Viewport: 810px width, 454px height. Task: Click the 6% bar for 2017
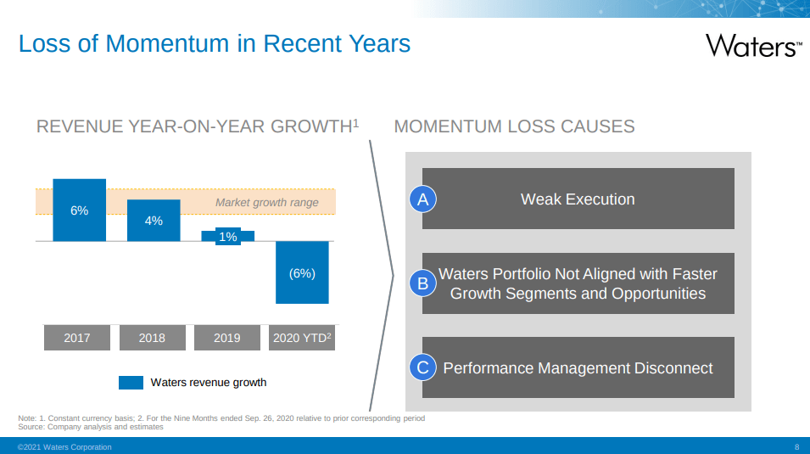click(80, 210)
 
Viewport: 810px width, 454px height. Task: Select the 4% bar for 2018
click(154, 221)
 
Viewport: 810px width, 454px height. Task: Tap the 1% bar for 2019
click(228, 236)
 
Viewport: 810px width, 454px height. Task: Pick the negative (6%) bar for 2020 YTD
click(302, 272)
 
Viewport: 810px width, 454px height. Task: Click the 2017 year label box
click(77, 338)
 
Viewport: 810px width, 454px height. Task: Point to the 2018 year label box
click(153, 338)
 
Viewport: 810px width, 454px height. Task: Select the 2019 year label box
click(227, 338)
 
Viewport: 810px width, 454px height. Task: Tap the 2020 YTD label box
click(302, 338)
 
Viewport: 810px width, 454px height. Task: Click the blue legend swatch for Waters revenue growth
click(131, 383)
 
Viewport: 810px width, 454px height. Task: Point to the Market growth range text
click(266, 203)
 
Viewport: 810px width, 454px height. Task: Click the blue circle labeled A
click(423, 199)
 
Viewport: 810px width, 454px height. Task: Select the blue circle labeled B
click(423, 283)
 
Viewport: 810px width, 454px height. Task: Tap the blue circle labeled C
click(423, 367)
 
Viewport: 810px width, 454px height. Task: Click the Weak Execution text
click(578, 199)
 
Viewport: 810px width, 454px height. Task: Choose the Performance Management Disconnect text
click(578, 368)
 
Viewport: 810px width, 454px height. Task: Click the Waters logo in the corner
click(754, 46)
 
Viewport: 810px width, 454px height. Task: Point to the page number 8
click(796, 447)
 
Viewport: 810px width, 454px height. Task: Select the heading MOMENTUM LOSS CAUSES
click(515, 126)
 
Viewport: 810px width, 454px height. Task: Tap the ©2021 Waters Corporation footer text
click(64, 447)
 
